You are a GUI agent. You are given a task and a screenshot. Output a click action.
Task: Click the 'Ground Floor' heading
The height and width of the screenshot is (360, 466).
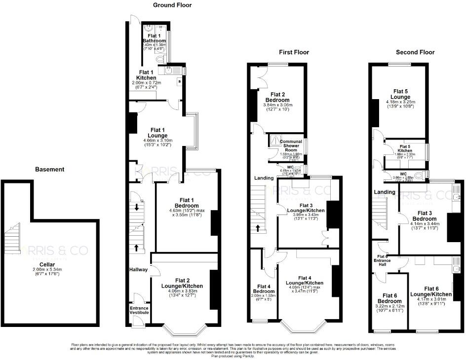click(172, 5)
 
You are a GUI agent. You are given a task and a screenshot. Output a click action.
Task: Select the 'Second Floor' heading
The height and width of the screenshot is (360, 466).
click(414, 52)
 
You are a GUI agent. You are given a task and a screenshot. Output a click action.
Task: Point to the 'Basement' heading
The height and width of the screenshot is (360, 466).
click(49, 169)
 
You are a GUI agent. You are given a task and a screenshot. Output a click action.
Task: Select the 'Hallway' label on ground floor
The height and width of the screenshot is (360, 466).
click(138, 270)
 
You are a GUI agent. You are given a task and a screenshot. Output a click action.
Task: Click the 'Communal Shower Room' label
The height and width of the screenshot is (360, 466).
click(291, 145)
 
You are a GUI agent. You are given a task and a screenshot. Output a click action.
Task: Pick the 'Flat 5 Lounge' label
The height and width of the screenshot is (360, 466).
click(400, 94)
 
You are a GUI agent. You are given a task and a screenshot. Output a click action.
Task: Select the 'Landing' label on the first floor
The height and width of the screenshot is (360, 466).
click(264, 178)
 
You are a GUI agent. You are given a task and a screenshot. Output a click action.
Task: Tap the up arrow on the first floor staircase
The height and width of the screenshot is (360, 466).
click(257, 228)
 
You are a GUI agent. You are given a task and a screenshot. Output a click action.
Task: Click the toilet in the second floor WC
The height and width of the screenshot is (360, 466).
click(419, 175)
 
